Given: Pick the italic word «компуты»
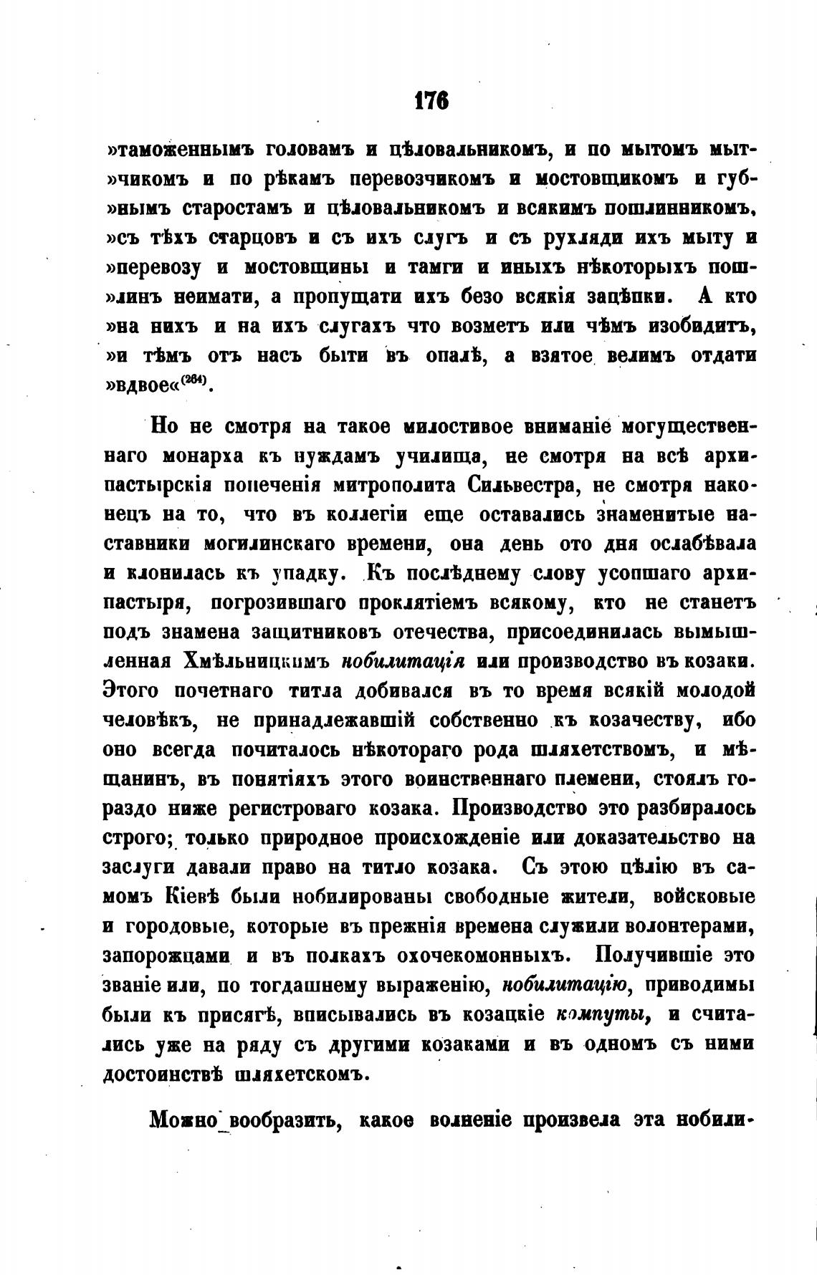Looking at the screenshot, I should [602, 1015].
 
